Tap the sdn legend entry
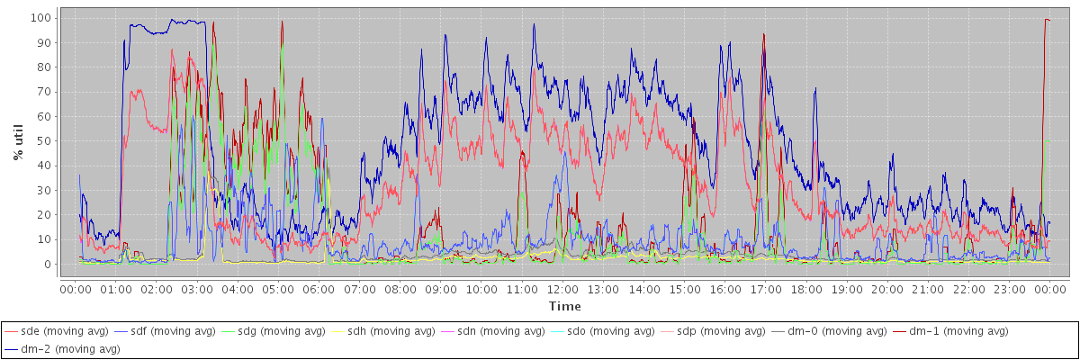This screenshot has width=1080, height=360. point(498,331)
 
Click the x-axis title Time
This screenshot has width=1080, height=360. point(565,306)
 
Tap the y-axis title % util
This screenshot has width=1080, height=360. point(18,141)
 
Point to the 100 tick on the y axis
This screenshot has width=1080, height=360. point(40,18)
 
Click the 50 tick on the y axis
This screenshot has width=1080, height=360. point(44,141)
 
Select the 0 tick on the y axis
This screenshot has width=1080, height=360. point(48,265)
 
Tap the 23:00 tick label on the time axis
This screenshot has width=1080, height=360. point(1010,289)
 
